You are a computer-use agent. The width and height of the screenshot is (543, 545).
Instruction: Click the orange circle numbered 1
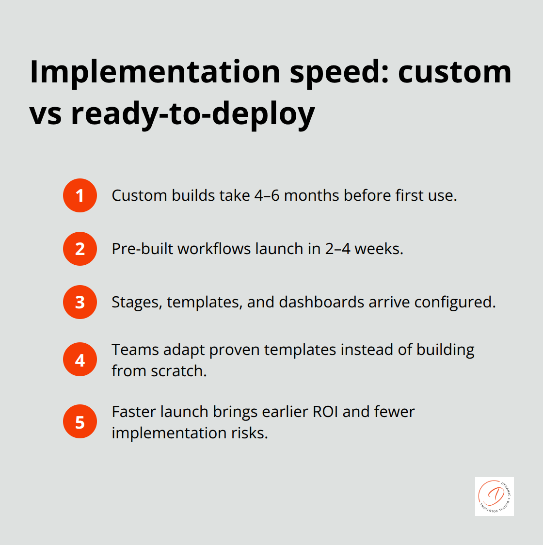[x=80, y=195]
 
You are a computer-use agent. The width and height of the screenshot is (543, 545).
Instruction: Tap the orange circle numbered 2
[x=80, y=249]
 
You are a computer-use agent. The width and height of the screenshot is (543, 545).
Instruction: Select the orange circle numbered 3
[x=80, y=302]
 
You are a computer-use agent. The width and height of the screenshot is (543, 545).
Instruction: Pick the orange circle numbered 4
[x=80, y=360]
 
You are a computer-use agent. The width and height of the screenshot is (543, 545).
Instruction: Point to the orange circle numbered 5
[x=80, y=422]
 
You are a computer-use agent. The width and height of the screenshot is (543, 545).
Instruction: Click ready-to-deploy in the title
[x=193, y=114]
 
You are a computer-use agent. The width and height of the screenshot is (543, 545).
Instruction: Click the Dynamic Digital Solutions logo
[x=494, y=496]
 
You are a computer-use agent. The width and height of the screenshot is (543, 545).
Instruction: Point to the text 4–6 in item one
[x=267, y=195]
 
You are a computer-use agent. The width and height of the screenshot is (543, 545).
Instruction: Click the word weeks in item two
[x=379, y=249]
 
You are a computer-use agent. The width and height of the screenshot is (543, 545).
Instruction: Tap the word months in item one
[x=311, y=195]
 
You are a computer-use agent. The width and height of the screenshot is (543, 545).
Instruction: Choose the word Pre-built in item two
[x=143, y=249]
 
